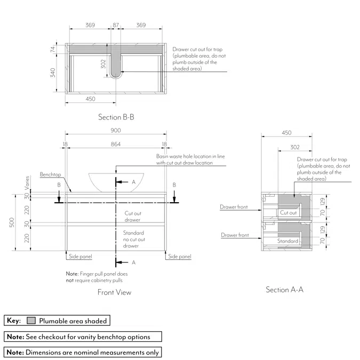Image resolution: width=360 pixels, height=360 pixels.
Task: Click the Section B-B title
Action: [x=116, y=117]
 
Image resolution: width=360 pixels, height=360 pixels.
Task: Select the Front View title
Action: [x=114, y=292]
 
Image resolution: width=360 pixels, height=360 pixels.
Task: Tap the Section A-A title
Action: [x=285, y=290]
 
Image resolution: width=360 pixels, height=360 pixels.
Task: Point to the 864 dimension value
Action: [x=116, y=144]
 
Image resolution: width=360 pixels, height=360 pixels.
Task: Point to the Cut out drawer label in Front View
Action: [x=132, y=216]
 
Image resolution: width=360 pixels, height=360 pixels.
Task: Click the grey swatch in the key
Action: [x=31, y=321]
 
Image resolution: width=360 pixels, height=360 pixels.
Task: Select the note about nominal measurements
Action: [x=83, y=352]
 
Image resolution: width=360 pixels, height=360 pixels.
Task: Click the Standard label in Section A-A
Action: [x=287, y=241]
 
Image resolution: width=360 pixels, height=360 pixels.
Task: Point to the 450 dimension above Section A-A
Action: [x=286, y=133]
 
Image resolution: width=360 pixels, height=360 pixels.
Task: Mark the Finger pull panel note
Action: [x=97, y=277]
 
